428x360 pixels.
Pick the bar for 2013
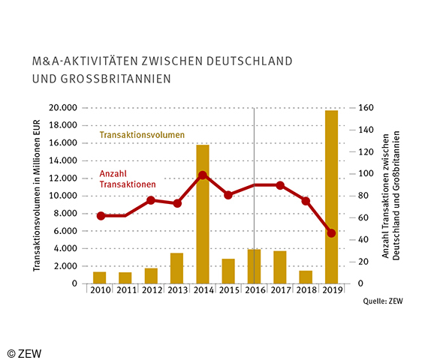pyautogui.click(x=177, y=268)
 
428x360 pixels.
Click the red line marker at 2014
pyautogui.click(x=203, y=175)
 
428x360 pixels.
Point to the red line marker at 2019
pyautogui.click(x=331, y=233)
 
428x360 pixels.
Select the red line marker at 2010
pyautogui.click(x=100, y=216)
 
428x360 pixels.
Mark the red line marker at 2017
pyautogui.click(x=280, y=185)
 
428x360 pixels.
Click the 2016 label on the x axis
pyautogui.click(x=255, y=291)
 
